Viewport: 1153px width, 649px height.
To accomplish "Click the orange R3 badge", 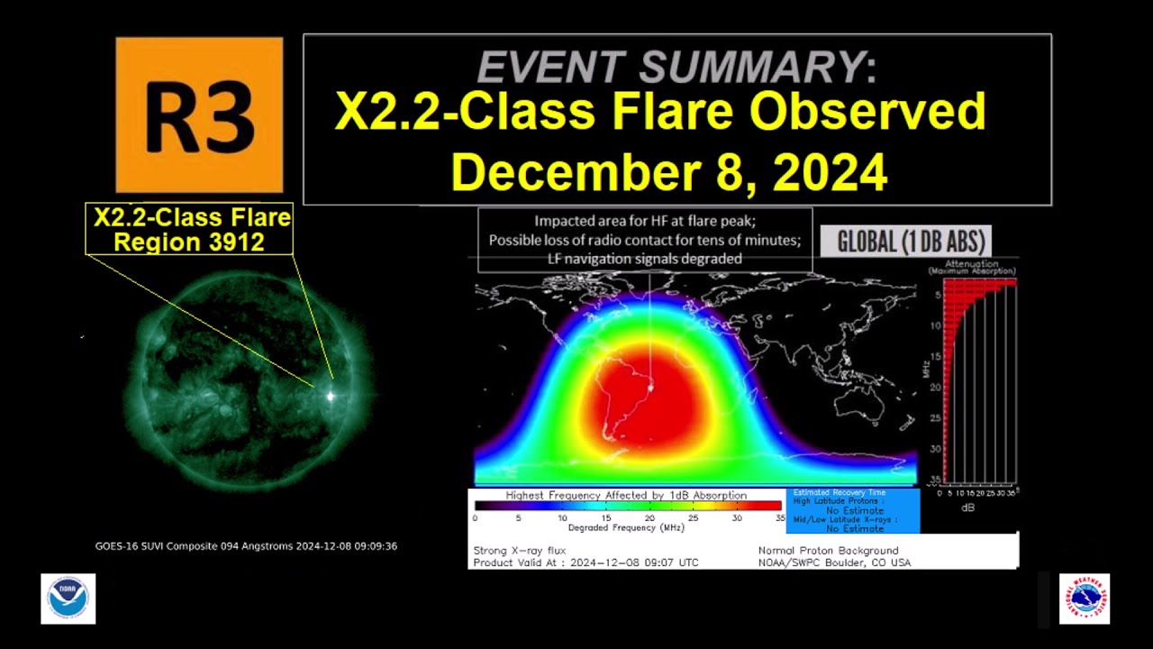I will pos(199,114).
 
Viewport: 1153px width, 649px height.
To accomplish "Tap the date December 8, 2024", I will pos(668,171).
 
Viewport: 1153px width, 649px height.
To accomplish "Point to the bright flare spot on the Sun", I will pos(331,395).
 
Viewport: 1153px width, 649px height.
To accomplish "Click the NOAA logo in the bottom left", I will pos(68,599).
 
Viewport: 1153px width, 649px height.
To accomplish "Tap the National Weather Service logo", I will pos(1084,599).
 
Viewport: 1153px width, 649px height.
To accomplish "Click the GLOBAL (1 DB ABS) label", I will pos(912,242).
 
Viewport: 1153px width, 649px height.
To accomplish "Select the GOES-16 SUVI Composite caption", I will pos(246,546).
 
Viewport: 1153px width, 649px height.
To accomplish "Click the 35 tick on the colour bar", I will pos(780,517).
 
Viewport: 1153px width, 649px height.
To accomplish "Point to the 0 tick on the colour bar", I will pos(475,517).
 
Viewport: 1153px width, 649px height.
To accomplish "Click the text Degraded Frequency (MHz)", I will pos(626,527).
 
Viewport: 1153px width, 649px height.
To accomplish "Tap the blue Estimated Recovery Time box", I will pos(852,510).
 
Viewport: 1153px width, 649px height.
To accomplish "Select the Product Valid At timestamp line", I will pos(586,562).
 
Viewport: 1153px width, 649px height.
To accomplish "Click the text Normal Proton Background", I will pos(828,550).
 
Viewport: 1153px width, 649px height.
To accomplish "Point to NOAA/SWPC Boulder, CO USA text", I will pos(834,562).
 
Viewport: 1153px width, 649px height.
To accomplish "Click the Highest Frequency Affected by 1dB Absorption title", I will pos(626,495).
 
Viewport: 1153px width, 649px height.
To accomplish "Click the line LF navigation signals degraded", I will pos(645,259).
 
